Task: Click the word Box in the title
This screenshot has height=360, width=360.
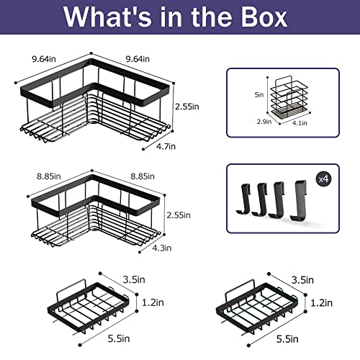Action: tap(264, 17)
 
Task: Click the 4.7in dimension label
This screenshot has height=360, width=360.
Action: tap(166, 146)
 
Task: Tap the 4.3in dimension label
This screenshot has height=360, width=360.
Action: tap(162, 248)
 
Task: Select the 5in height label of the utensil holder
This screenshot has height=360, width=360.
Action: tap(259, 95)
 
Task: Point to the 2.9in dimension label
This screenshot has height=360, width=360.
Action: tap(264, 122)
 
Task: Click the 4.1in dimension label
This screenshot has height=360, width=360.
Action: tap(300, 123)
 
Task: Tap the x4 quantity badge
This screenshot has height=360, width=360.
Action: tap(324, 179)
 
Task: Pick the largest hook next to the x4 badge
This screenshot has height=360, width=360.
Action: tap(299, 201)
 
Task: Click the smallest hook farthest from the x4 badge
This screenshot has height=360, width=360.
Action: tap(243, 199)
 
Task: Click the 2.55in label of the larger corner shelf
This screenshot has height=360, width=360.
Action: tap(187, 107)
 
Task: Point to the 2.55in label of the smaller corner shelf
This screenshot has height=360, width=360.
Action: tap(179, 215)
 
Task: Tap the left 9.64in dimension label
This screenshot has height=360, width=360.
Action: tap(44, 59)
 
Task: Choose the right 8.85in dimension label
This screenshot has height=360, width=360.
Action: tap(143, 176)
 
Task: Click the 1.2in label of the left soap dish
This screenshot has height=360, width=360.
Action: tap(153, 302)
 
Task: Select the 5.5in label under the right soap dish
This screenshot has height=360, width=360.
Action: tap(287, 339)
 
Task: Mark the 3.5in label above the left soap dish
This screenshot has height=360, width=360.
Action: tap(134, 279)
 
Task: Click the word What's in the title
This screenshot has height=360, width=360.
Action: tap(107, 17)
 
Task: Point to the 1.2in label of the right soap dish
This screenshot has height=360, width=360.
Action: tap(322, 303)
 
